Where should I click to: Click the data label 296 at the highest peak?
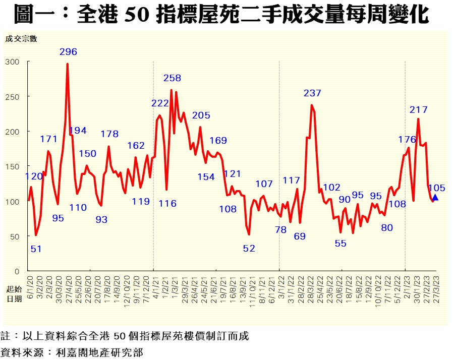[x=68, y=52]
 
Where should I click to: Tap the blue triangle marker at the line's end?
[x=435, y=198]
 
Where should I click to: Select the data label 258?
[x=172, y=78]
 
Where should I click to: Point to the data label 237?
[x=312, y=93]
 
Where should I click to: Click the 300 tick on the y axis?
[x=12, y=62]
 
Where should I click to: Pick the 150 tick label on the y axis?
[x=12, y=166]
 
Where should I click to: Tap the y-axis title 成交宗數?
[x=21, y=39]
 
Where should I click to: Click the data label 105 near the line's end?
[x=436, y=188]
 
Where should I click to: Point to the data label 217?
[x=419, y=109]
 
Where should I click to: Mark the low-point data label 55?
[x=341, y=243]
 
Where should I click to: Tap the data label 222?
[x=160, y=103]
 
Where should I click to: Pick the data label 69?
[x=300, y=236]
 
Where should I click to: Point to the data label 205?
[x=201, y=115]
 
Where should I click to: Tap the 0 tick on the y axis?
[x=16, y=271]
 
